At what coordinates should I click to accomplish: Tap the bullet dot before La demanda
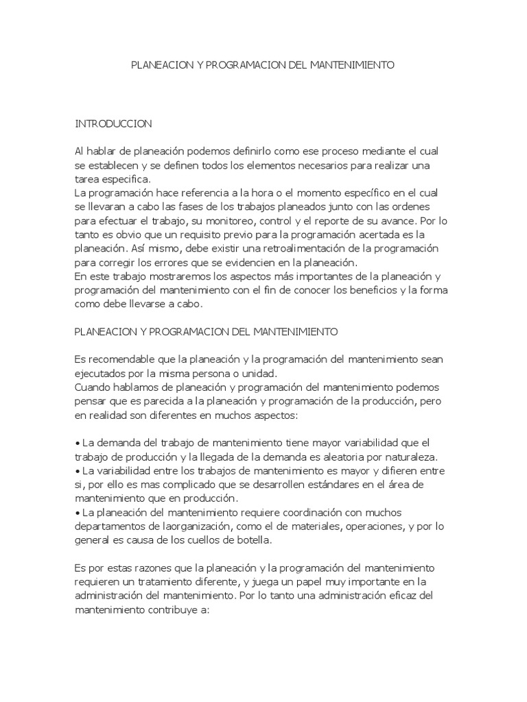pos(76,444)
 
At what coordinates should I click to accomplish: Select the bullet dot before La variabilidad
pos(76,471)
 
